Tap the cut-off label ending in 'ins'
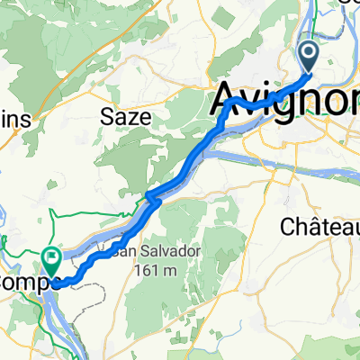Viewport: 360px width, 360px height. pyautogui.click(x=17, y=118)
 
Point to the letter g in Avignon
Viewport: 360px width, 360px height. pyautogui.click(x=287, y=102)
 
